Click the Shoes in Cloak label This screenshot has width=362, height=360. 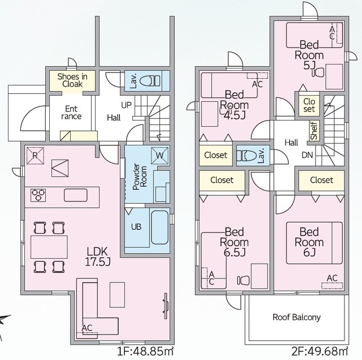[72, 80]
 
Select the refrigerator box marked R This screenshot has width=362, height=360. [35, 156]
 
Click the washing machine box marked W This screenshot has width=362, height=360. [160, 155]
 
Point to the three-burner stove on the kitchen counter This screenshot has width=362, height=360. [38, 195]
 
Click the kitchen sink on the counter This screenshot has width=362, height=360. [76, 195]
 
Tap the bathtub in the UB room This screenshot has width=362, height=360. [160, 228]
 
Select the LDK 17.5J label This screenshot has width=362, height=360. [98, 256]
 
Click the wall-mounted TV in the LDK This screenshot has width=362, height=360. [166, 306]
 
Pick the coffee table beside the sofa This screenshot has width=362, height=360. [117, 294]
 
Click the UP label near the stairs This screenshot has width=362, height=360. [126, 105]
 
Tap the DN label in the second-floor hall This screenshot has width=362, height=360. [307, 155]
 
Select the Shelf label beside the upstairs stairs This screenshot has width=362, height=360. [314, 131]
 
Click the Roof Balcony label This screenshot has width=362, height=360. [296, 318]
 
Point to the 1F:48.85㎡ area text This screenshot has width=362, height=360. [145, 352]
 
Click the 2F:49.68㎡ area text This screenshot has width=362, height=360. [320, 352]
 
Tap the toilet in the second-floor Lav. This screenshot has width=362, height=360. [247, 156]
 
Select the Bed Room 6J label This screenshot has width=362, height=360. [309, 242]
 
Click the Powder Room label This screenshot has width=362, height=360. [140, 177]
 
